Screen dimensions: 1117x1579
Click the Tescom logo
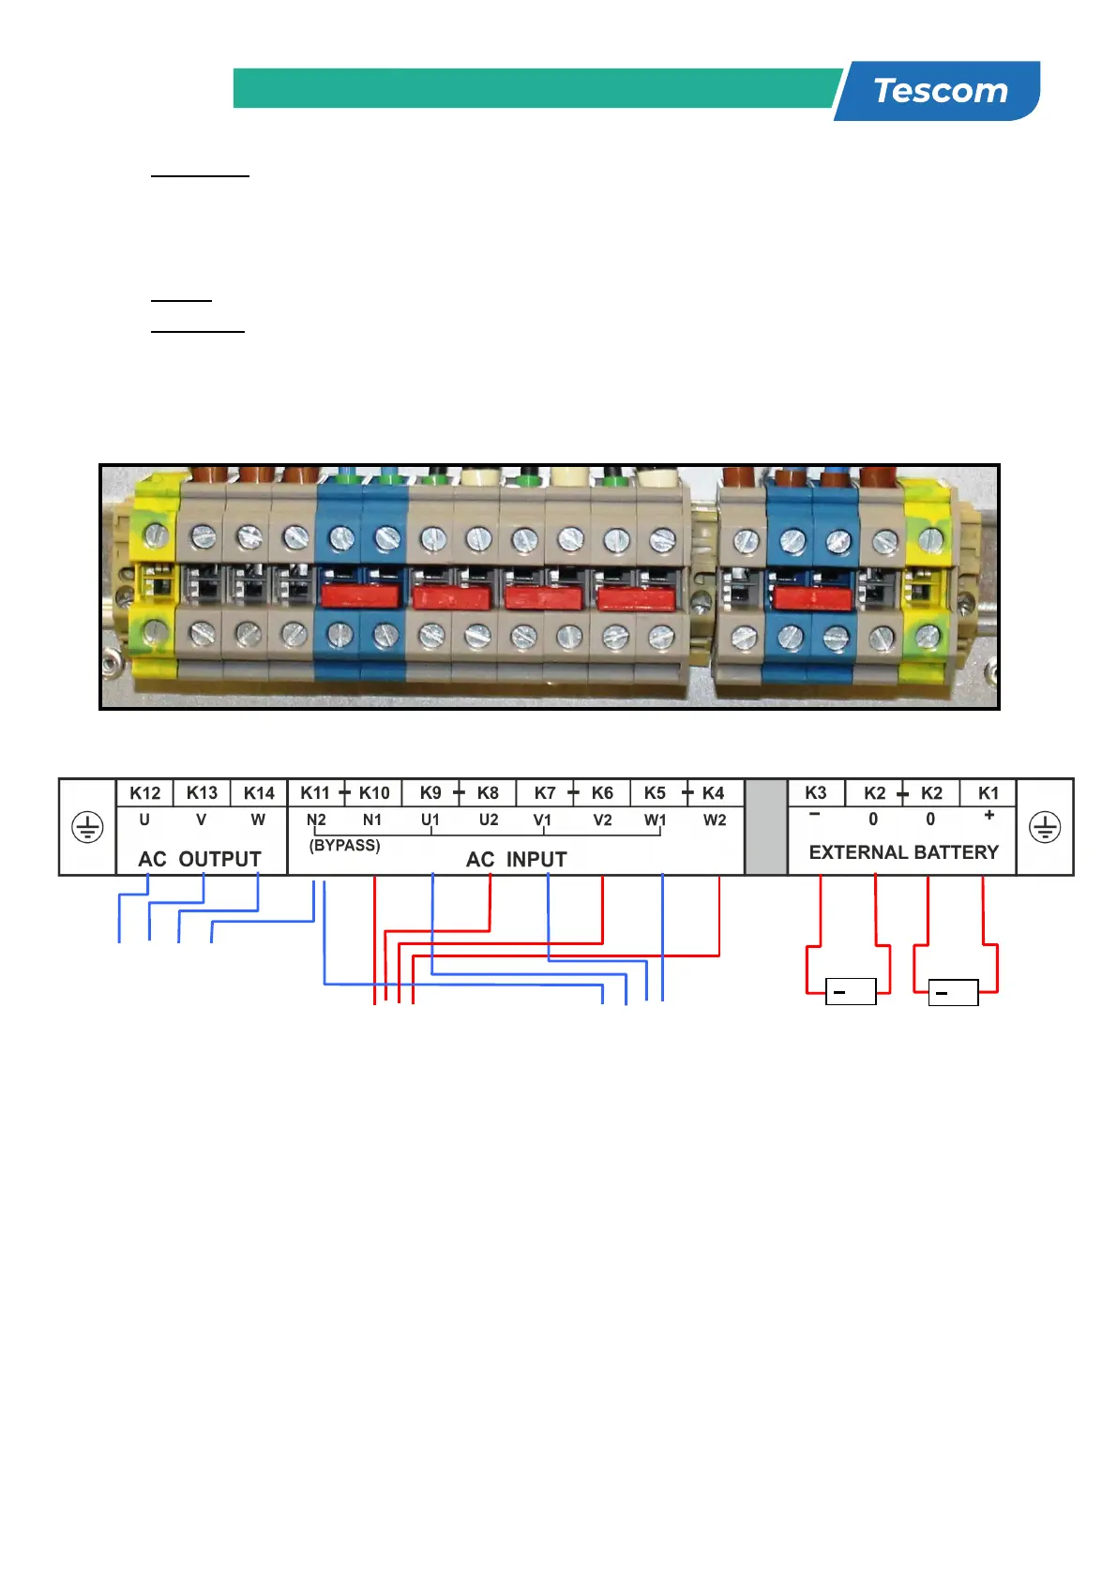pyautogui.click(x=940, y=91)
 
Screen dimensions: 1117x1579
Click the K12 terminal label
pyautogui.click(x=145, y=793)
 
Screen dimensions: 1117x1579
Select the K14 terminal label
pyautogui.click(x=259, y=793)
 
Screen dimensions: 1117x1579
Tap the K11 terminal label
pyautogui.click(x=315, y=793)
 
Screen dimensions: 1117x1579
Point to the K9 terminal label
pyautogui.click(x=430, y=793)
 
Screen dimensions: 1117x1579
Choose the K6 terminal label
pyautogui.click(x=602, y=793)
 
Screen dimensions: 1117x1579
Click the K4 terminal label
pyautogui.click(x=714, y=793)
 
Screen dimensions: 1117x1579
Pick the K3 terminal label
pyautogui.click(x=816, y=793)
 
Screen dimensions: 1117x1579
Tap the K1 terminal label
pyautogui.click(x=989, y=793)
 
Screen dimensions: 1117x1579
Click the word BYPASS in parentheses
pyautogui.click(x=345, y=845)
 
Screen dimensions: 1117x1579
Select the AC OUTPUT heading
pyautogui.click(x=200, y=859)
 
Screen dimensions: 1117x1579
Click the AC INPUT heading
pyautogui.click(x=517, y=859)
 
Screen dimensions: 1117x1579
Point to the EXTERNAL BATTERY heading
pyautogui.click(x=903, y=852)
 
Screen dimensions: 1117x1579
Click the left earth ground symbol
pyautogui.click(x=87, y=827)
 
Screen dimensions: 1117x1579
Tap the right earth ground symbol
pyautogui.click(x=1045, y=827)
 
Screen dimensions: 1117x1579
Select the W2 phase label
pyautogui.click(x=715, y=820)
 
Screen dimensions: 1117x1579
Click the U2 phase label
pyautogui.click(x=489, y=820)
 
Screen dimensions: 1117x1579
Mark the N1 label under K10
pyautogui.click(x=372, y=820)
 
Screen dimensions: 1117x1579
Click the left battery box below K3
pyautogui.click(x=851, y=991)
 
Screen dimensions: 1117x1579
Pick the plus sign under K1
pyautogui.click(x=989, y=816)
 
